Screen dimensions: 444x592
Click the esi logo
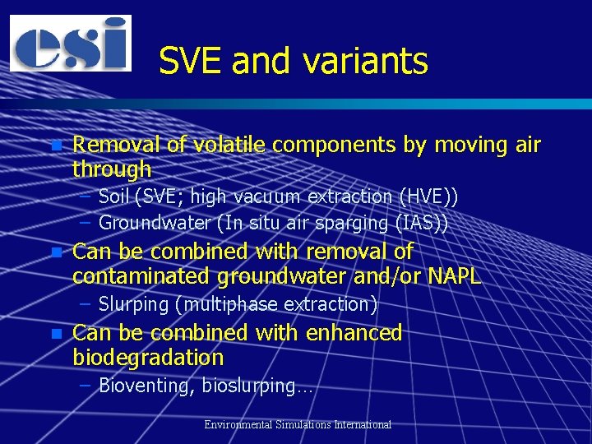[x=71, y=43]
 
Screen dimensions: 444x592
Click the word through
[x=112, y=169]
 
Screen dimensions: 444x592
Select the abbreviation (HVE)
[x=428, y=197]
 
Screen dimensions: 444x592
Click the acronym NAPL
[x=454, y=276]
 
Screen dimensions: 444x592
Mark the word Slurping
[x=133, y=304]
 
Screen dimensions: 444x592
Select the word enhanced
[x=354, y=333]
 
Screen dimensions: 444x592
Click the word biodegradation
[x=148, y=358]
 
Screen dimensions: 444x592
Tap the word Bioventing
[x=145, y=386]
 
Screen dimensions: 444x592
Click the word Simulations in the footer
[x=304, y=425]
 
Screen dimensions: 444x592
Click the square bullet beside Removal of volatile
[x=55, y=146]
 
